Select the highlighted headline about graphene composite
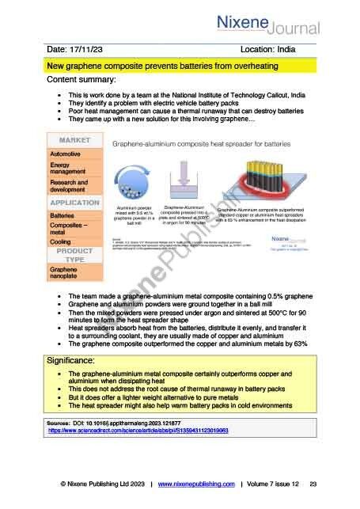click(x=140, y=66)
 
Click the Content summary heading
click(x=82, y=81)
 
